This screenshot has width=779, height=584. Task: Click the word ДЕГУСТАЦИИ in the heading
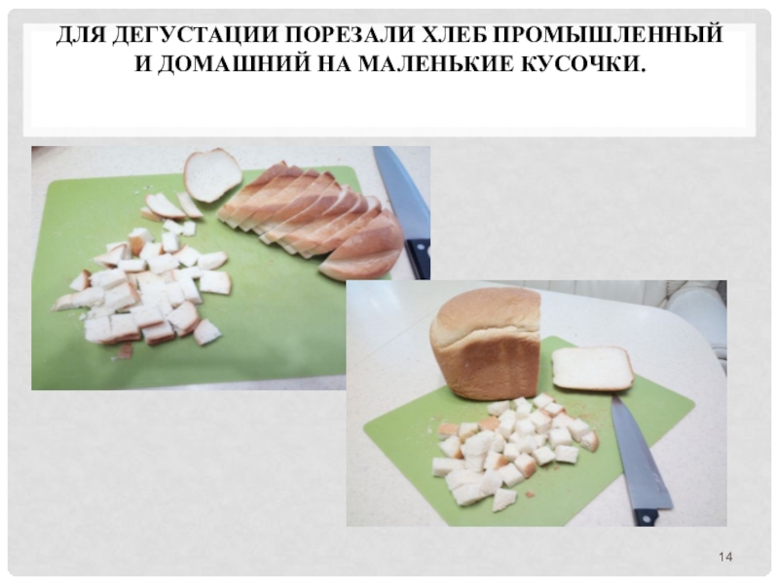196,36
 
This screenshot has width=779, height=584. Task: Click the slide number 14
725,557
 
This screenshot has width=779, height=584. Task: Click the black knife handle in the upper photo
418,258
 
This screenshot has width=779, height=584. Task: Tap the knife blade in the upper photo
401,193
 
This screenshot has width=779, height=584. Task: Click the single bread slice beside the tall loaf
593,368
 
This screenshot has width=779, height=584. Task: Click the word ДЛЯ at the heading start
81,36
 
